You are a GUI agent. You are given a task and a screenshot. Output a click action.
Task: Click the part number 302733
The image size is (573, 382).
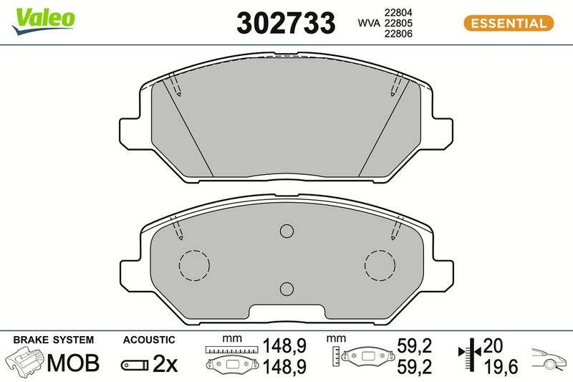(x=286, y=23)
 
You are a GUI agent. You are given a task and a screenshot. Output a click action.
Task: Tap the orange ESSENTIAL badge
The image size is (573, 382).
(x=509, y=23)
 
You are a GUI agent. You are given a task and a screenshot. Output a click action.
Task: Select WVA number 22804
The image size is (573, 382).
(x=398, y=12)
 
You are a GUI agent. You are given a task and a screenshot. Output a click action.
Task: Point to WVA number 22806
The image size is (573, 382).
(x=398, y=34)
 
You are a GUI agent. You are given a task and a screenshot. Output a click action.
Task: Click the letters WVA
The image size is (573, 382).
(x=369, y=23)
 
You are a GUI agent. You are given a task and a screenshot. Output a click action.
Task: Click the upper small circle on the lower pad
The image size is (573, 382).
(x=287, y=231)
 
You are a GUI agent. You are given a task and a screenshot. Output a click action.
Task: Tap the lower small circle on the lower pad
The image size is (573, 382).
(x=287, y=289)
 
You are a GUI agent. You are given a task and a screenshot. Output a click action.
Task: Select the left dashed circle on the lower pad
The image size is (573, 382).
(x=194, y=250)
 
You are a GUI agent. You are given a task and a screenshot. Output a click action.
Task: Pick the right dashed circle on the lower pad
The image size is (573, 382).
(x=380, y=250)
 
